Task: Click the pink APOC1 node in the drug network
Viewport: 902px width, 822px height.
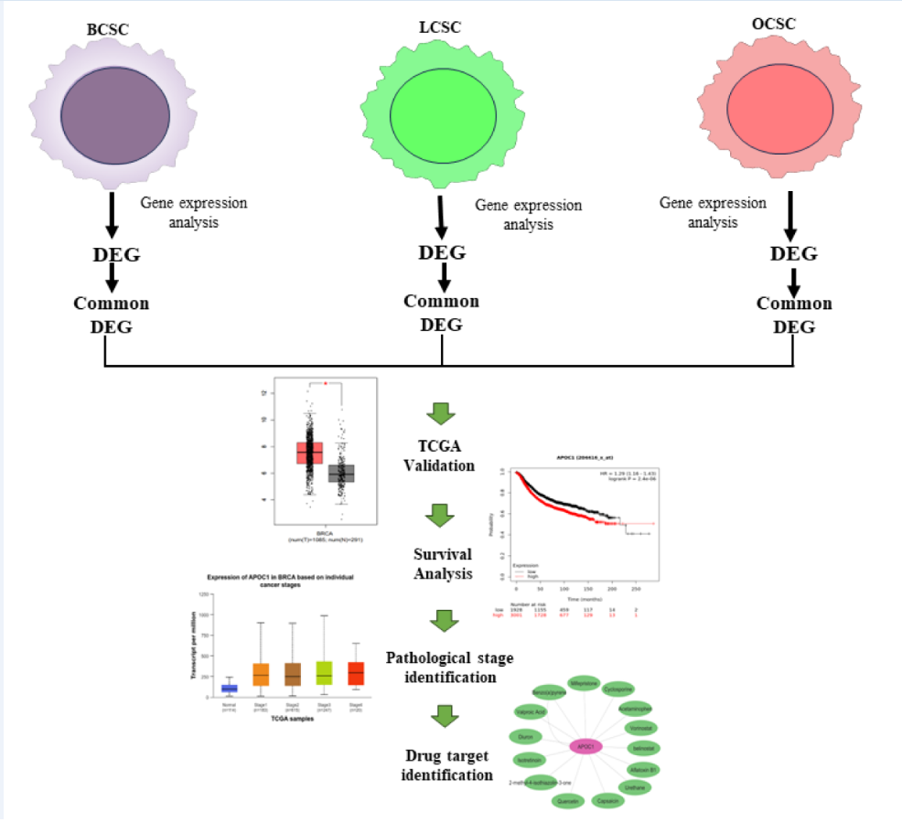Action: pyautogui.click(x=586, y=746)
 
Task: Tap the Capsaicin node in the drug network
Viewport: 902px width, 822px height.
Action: pyautogui.click(x=608, y=801)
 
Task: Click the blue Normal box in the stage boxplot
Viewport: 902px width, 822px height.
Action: pyautogui.click(x=230, y=688)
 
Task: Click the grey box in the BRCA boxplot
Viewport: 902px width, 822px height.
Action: pyautogui.click(x=341, y=473)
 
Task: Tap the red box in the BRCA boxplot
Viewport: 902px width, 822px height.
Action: pyautogui.click(x=309, y=452)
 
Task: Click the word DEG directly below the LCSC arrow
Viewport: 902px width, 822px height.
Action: pyautogui.click(x=442, y=251)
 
